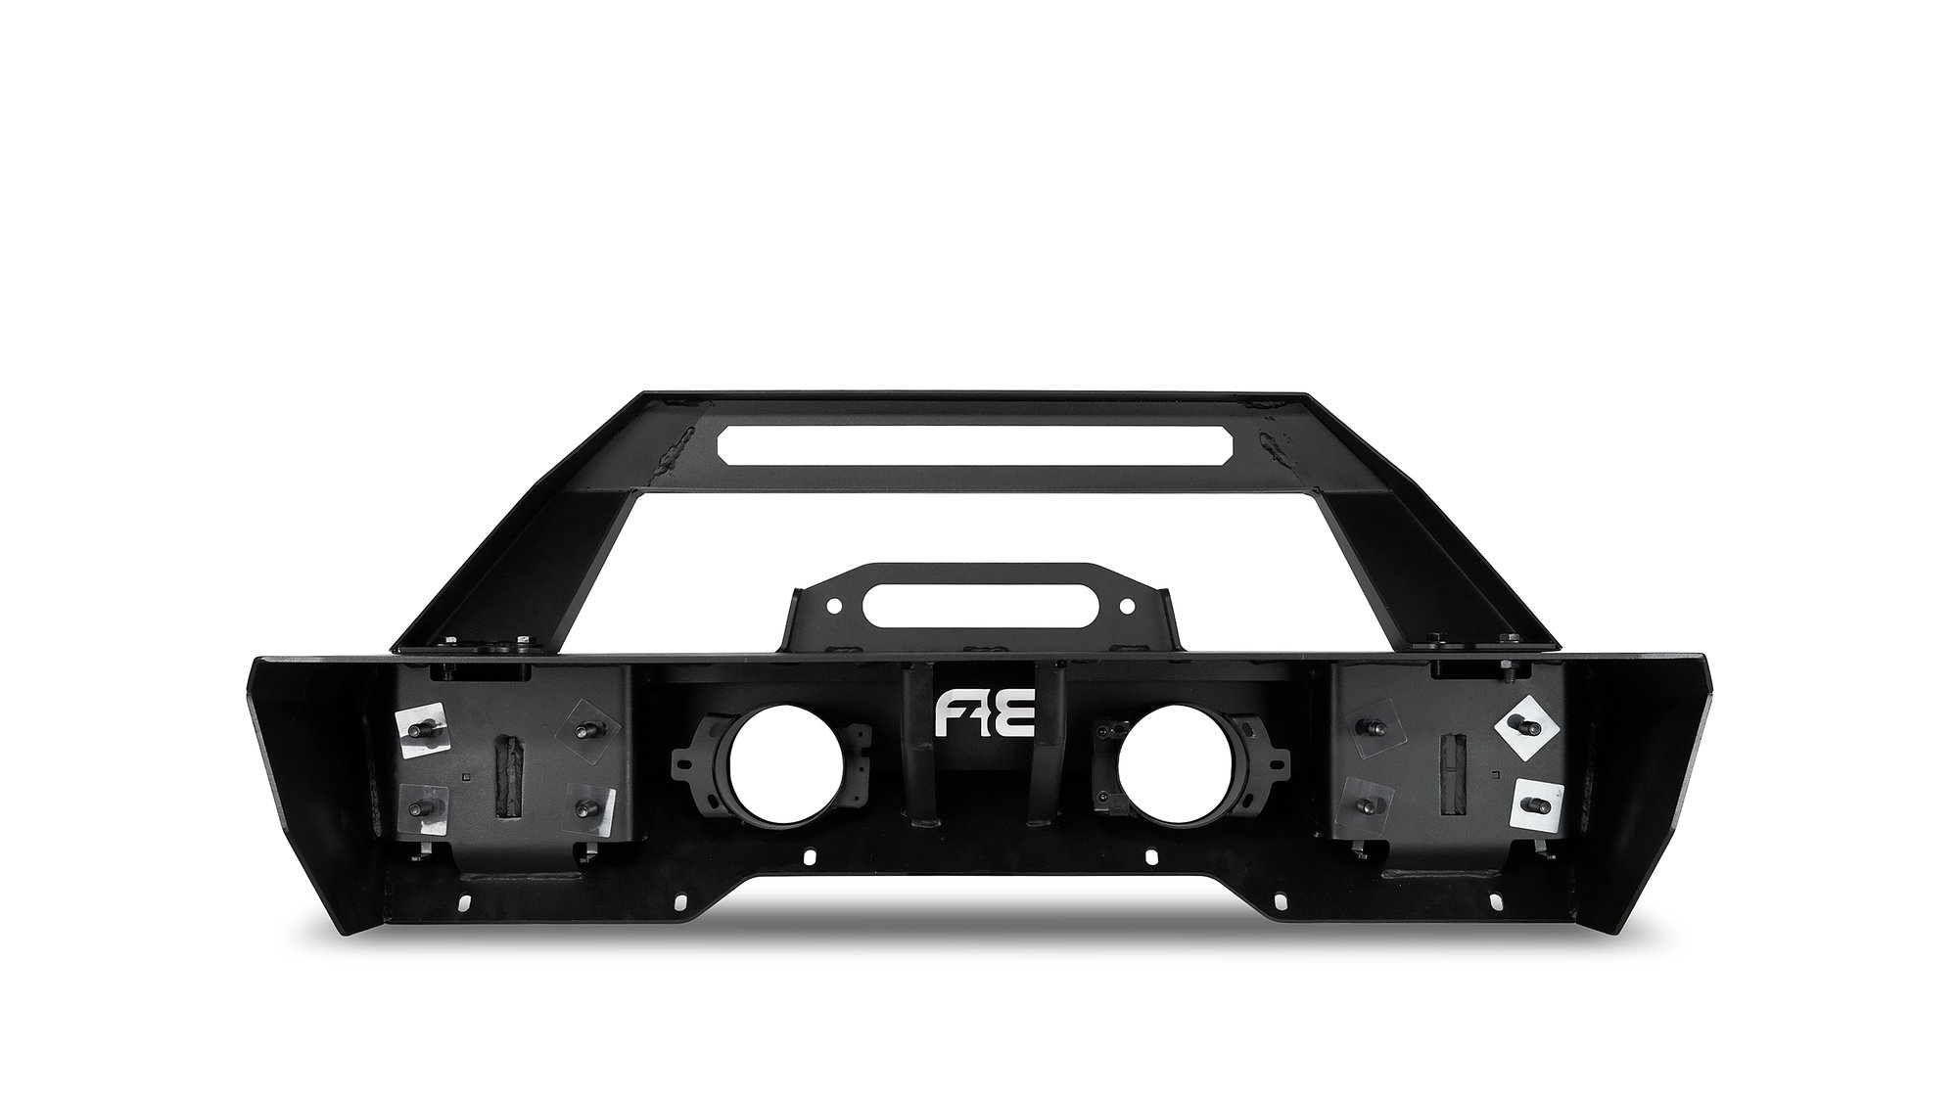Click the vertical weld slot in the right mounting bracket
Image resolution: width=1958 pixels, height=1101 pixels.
(x=1453, y=777)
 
